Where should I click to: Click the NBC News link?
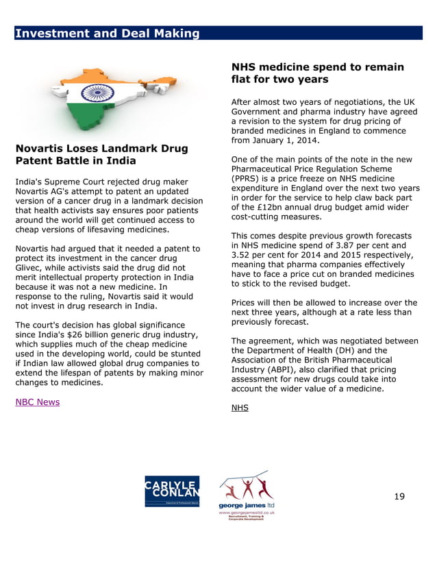click(37, 402)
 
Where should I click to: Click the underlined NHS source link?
click(240, 408)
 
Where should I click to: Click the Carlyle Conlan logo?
click(172, 491)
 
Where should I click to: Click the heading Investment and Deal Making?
click(108, 34)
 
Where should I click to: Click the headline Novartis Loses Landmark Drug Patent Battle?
click(101, 154)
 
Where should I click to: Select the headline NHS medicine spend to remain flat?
click(317, 73)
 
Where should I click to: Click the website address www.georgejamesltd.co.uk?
click(246, 513)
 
